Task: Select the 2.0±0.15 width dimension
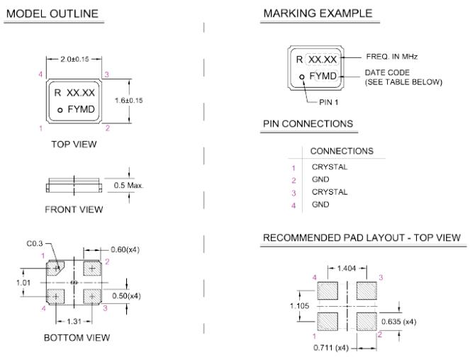(77, 57)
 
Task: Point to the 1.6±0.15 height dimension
(130, 101)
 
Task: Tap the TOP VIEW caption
(74, 144)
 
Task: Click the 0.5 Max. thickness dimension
(128, 186)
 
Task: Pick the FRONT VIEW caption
(74, 209)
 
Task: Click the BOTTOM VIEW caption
(77, 337)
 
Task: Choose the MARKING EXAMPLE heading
(316, 14)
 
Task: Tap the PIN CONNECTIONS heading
(308, 123)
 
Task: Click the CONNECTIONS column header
(342, 151)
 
